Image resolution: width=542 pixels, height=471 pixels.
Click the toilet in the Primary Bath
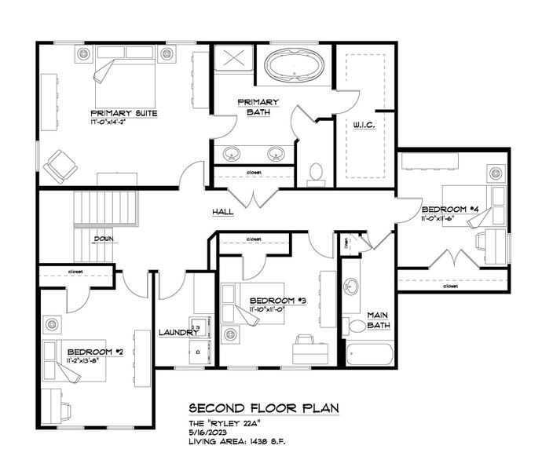(x=317, y=172)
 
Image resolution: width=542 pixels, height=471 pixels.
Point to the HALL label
(x=223, y=212)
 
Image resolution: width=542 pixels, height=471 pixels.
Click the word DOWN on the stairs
(x=104, y=239)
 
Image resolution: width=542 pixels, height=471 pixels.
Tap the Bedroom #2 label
(x=95, y=352)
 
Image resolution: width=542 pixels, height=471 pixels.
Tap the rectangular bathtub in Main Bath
(x=368, y=355)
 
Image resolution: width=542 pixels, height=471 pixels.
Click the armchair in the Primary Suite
(x=60, y=166)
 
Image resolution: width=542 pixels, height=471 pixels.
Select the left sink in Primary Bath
(x=233, y=153)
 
